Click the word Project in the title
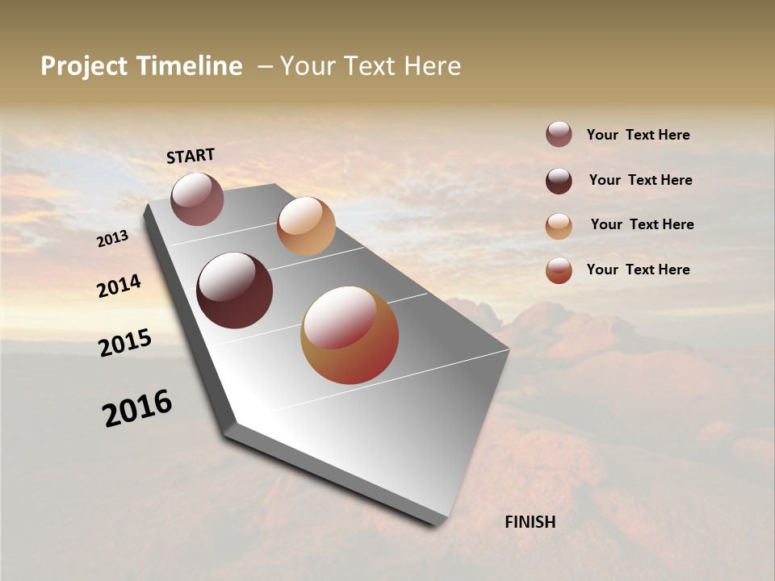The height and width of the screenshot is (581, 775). tap(85, 66)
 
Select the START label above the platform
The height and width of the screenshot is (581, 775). tap(191, 156)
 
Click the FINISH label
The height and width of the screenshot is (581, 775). tap(530, 522)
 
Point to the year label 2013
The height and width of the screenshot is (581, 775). tap(113, 239)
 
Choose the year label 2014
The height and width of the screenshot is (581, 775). tap(119, 286)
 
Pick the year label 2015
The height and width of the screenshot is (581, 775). tap(125, 343)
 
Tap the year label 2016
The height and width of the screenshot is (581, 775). tap(137, 408)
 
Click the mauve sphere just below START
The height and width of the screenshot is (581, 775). tap(197, 199)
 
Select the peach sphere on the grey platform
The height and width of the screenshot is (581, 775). tap(306, 226)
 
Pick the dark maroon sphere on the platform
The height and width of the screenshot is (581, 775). tap(235, 290)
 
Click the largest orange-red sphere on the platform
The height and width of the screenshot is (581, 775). tap(350, 335)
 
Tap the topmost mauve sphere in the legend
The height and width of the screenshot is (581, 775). tap(559, 135)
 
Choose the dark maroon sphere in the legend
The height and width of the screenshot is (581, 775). tap(559, 181)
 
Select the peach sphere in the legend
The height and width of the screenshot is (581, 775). tap(559, 226)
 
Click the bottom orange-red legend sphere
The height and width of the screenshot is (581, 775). tap(559, 270)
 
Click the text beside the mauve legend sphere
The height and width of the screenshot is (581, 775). tap(639, 135)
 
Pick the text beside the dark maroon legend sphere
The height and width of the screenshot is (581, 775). tap(641, 180)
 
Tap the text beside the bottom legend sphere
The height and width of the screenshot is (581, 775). tap(639, 270)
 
